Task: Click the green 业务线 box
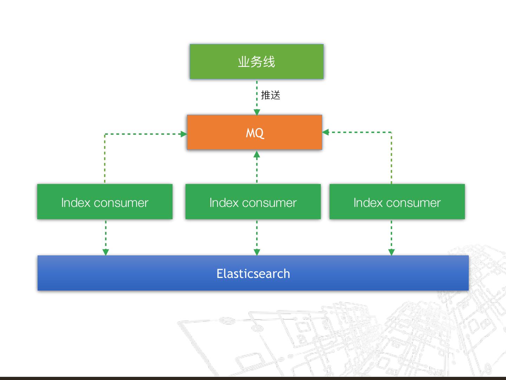click(x=257, y=62)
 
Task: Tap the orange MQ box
click(x=254, y=133)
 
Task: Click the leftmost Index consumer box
click(x=105, y=202)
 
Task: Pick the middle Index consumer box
click(x=253, y=202)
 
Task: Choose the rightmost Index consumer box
click(x=397, y=202)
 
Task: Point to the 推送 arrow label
click(x=271, y=95)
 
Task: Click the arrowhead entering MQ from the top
click(x=257, y=112)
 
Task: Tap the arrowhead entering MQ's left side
click(x=183, y=134)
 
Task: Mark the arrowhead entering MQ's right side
click(x=325, y=132)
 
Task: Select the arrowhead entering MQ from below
click(x=257, y=154)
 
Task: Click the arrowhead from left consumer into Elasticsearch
click(x=106, y=252)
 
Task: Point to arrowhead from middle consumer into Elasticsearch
click(x=257, y=252)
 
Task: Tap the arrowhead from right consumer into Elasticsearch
click(x=391, y=252)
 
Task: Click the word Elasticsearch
click(x=253, y=274)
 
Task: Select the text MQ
click(x=255, y=133)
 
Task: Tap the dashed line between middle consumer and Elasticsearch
click(x=257, y=234)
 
